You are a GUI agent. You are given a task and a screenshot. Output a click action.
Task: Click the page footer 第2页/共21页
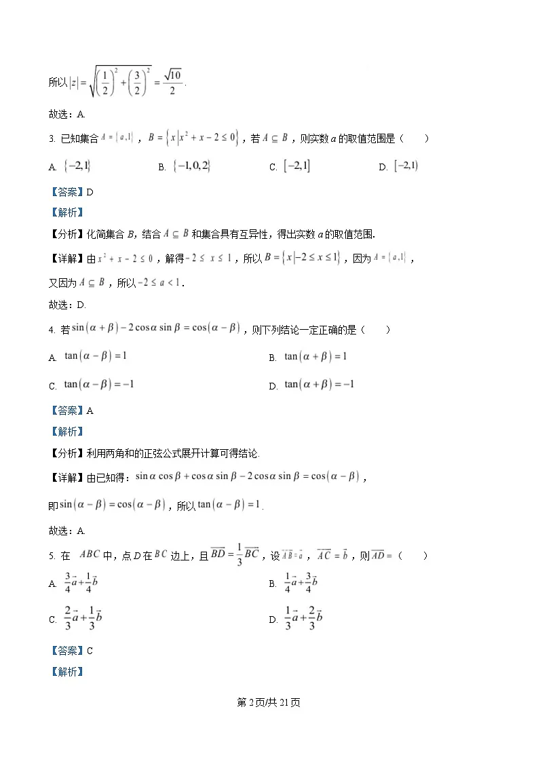click(269, 702)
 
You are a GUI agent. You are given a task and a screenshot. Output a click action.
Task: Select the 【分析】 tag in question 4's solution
click(66, 453)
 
